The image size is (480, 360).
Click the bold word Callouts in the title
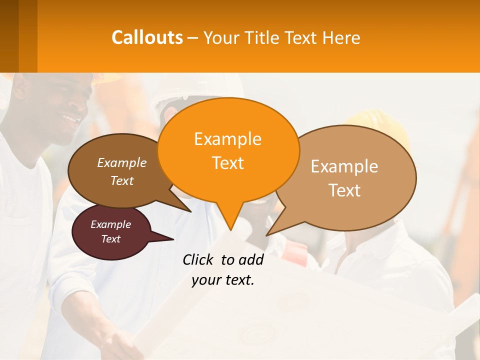pyautogui.click(x=147, y=37)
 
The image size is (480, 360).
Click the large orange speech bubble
pyautogui.click(x=228, y=150)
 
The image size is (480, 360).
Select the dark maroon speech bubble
pyautogui.click(x=110, y=232)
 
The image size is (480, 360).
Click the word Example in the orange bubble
pyautogui.click(x=227, y=139)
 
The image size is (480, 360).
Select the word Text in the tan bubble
pyautogui.click(x=345, y=190)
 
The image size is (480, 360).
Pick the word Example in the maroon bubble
pyautogui.click(x=110, y=224)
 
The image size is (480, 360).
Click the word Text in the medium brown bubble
pyautogui.click(x=122, y=181)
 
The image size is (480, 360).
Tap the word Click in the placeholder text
pyautogui.click(x=199, y=259)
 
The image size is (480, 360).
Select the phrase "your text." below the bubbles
pyautogui.click(x=223, y=280)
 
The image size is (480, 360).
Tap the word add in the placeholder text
pyautogui.click(x=251, y=259)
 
